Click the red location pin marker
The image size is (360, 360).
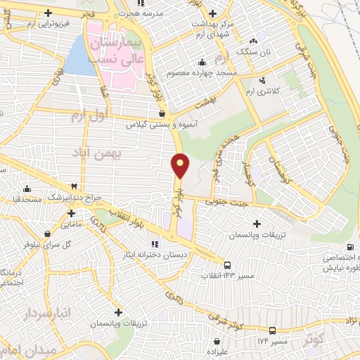pyautogui.click(x=181, y=166)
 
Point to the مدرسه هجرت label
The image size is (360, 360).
pyautogui.click(x=140, y=13)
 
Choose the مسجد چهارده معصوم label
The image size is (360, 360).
pyautogui.click(x=196, y=72)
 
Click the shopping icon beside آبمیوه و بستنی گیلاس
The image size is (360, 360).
pyautogui.click(x=162, y=113)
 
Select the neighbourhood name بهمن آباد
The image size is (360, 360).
pyautogui.click(x=100, y=153)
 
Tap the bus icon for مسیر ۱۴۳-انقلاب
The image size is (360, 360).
pyautogui.click(x=227, y=264)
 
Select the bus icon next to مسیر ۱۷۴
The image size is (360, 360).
pyautogui.click(x=271, y=330)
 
